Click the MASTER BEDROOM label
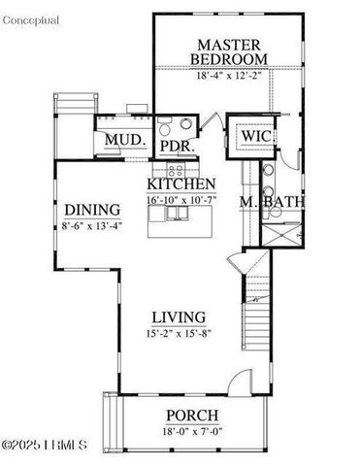pyautogui.click(x=231, y=52)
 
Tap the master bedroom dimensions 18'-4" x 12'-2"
pyautogui.click(x=231, y=75)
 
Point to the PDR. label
pyautogui.click(x=178, y=147)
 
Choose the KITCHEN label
pyautogui.click(x=180, y=183)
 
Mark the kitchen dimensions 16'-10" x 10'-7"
pyautogui.click(x=180, y=201)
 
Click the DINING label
pyautogui.click(x=91, y=210)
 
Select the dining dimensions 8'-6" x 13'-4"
pyautogui.click(x=91, y=226)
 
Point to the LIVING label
pyautogui.click(x=178, y=317)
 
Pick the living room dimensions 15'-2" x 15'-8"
pyautogui.click(x=178, y=334)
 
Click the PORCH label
pyautogui.click(x=189, y=413)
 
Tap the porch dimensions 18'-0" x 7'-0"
pyautogui.click(x=189, y=430)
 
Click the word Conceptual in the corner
pyautogui.click(x=29, y=19)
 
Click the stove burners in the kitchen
pyautogui.click(x=177, y=169)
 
